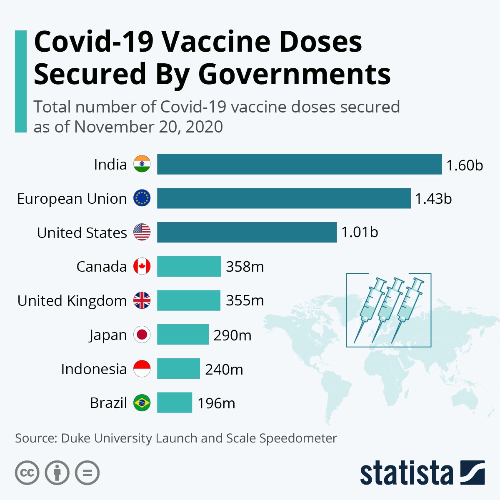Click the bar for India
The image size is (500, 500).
tap(299, 164)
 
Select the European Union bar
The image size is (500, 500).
tap(284, 198)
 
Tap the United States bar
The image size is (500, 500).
tap(247, 232)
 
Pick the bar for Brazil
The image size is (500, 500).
tap(175, 402)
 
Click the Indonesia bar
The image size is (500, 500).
tap(178, 369)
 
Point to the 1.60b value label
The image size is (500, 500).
tap(465, 165)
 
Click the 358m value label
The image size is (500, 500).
tap(245, 267)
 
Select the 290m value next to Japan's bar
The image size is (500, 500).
tap(232, 335)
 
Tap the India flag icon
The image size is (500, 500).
tap(142, 164)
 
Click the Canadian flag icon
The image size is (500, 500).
tap(142, 266)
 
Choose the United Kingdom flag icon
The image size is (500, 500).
tap(142, 300)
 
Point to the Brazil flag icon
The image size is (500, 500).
tap(142, 403)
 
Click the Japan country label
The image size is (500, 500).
tap(108, 335)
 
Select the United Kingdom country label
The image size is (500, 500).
tap(72, 300)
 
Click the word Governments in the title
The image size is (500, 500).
tap(294, 74)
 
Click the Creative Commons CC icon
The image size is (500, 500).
tap(27, 473)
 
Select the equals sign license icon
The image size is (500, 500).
tap(87, 473)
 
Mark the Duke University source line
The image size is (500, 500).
tap(176, 438)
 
